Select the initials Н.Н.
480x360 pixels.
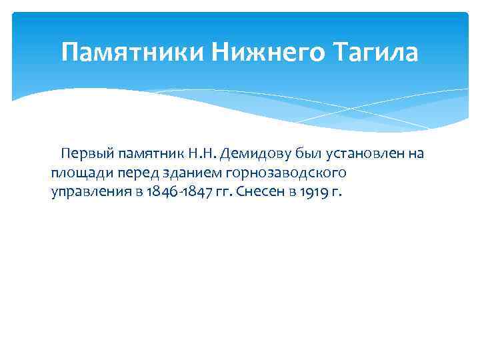pos(201,155)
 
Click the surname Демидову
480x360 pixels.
pos(251,155)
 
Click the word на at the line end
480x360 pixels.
pos(416,155)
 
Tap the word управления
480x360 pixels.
pos(88,193)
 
